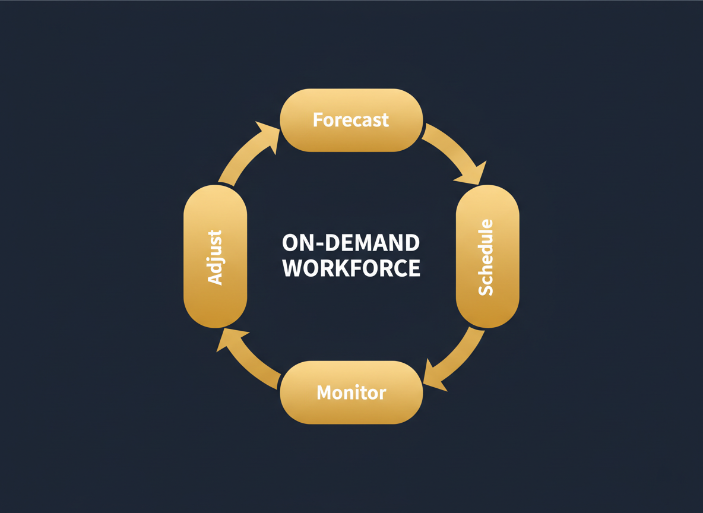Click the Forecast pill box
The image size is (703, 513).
pyautogui.click(x=351, y=120)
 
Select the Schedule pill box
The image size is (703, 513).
pyautogui.click(x=487, y=256)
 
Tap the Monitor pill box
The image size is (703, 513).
pyautogui.click(x=351, y=392)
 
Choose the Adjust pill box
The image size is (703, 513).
pyautogui.click(x=215, y=256)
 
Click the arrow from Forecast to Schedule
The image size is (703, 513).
pyautogui.click(x=451, y=148)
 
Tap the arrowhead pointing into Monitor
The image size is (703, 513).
pyautogui.click(x=434, y=378)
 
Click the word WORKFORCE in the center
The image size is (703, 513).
pyautogui.click(x=351, y=268)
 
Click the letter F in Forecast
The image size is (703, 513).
pyautogui.click(x=318, y=120)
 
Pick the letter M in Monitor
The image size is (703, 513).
pyautogui.click(x=324, y=392)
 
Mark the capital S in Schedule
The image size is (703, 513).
pyautogui.click(x=486, y=289)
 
